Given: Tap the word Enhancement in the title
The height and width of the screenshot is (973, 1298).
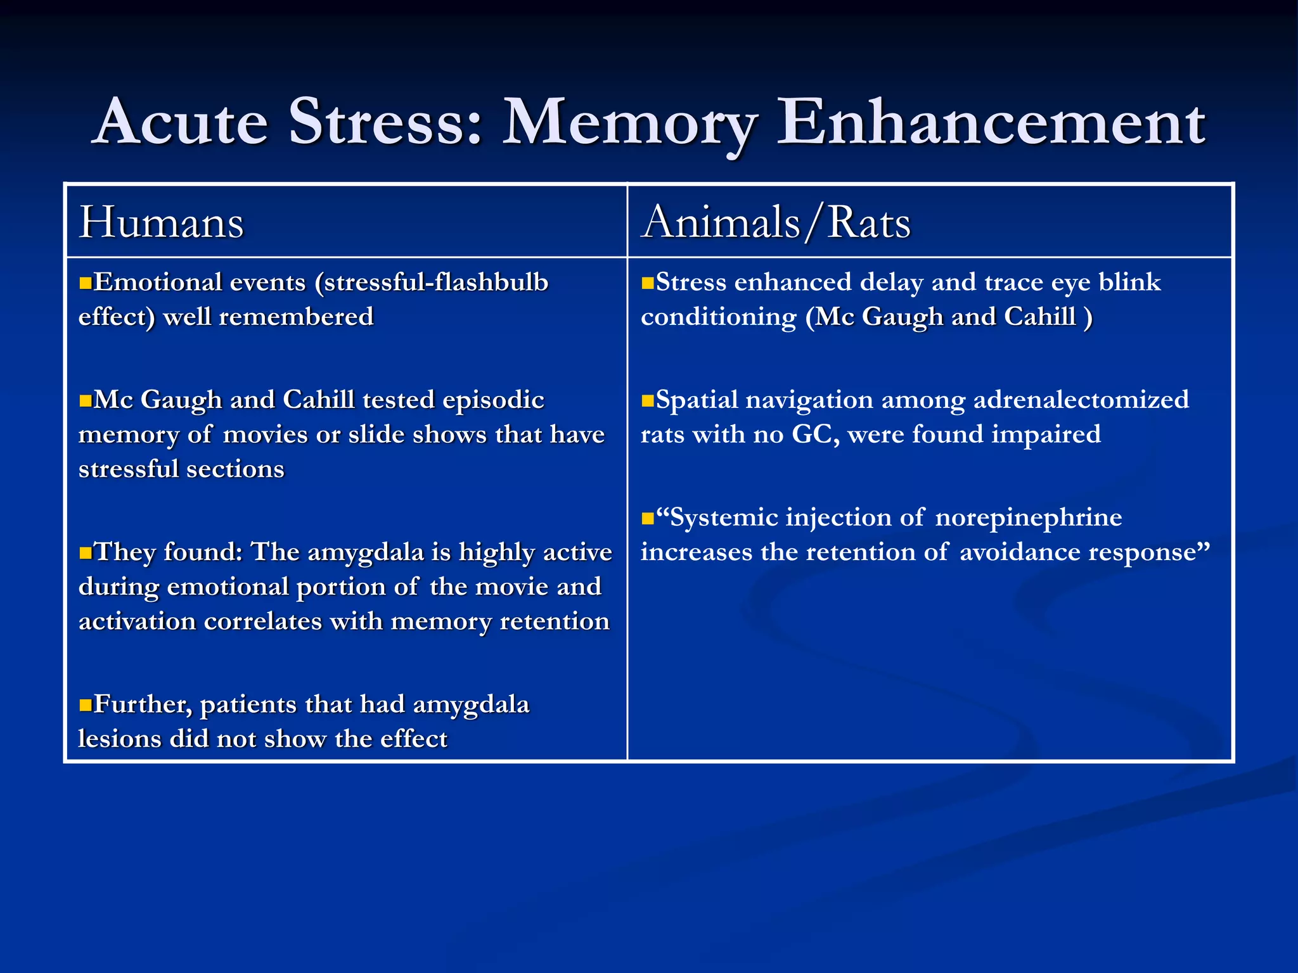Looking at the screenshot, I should coord(991,122).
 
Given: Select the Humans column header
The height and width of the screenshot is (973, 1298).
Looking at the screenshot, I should coord(161,223).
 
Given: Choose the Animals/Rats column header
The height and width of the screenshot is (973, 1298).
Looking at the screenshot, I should coord(776,223).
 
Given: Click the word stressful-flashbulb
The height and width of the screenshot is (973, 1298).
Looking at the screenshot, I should coord(436,283).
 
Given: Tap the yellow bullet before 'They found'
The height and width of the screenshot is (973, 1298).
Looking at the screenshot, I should coord(86,554).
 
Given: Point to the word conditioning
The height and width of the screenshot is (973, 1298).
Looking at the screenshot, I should coord(718,317).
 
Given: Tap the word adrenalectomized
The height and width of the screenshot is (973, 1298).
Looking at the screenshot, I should coord(1081,400).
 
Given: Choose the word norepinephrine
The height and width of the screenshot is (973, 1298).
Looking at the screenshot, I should coord(1028,518).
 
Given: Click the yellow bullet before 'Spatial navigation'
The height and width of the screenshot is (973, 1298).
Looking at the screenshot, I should coord(647,401).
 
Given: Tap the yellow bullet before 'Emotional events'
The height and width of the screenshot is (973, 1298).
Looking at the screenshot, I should coord(86,283).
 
